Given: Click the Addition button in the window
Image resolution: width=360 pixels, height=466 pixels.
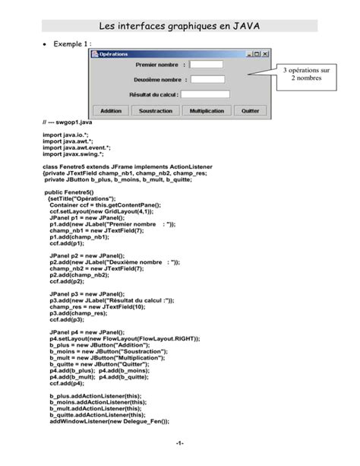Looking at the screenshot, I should click(111, 110).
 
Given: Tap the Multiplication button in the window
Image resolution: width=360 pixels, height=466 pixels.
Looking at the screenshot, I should click(207, 110).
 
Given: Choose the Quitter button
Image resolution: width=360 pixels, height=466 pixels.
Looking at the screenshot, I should click(250, 110).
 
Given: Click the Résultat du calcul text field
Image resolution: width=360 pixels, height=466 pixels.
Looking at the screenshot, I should click(205, 95).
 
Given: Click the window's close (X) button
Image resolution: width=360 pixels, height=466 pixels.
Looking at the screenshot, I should click(266, 54).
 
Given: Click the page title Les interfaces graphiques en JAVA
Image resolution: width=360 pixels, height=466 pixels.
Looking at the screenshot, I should click(179, 27).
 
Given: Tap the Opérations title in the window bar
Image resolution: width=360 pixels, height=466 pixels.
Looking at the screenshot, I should click(114, 54).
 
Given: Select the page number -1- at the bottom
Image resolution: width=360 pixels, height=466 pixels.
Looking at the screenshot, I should click(179, 443).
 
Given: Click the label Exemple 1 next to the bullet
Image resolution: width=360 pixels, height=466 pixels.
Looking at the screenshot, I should click(72, 45).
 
